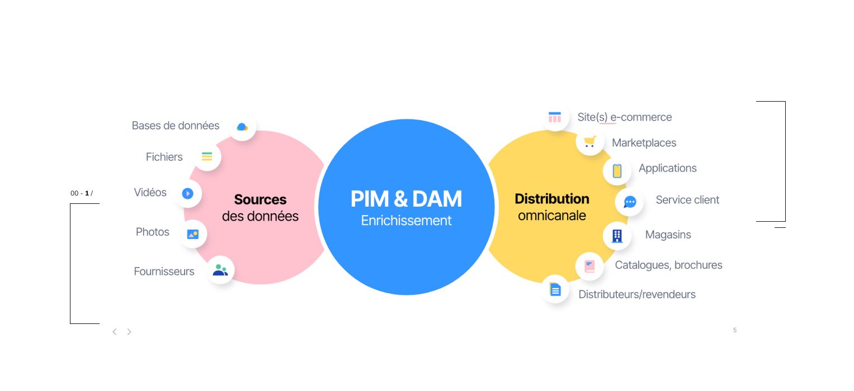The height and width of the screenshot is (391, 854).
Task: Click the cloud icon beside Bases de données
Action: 242,127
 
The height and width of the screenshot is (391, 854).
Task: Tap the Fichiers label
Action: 164,157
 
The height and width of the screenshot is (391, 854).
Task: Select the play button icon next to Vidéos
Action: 187,193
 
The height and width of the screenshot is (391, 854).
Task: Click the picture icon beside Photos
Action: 192,234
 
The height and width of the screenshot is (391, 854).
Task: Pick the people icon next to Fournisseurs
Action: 220,271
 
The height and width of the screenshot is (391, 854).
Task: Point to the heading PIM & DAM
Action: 406,199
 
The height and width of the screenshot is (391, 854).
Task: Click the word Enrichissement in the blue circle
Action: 406,221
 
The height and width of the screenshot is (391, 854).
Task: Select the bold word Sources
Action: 260,199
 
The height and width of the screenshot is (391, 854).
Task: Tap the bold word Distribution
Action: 551,199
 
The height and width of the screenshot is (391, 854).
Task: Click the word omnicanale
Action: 551,216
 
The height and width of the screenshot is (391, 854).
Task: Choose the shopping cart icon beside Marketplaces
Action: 589,142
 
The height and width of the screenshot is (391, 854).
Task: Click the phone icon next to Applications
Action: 617,171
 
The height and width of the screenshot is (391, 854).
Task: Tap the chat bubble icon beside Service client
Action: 630,202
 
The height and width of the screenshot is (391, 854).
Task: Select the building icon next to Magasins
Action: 617,236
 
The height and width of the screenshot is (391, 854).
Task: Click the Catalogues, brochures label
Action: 668,265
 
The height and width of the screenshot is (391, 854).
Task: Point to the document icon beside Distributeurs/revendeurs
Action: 555,289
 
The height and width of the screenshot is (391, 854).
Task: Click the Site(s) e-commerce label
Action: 624,117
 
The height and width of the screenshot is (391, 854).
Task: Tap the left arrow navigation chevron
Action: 115,332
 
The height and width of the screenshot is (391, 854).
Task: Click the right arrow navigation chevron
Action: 129,332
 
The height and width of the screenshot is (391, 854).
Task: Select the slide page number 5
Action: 734,330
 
